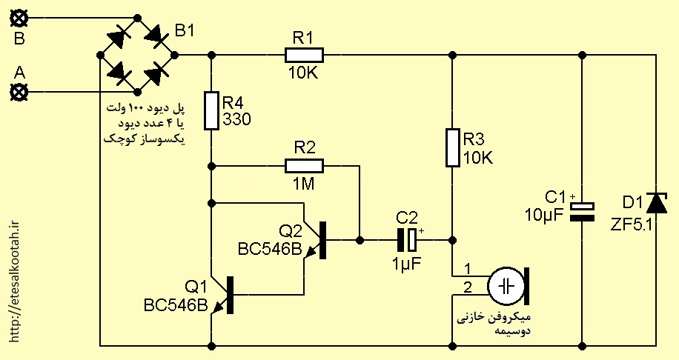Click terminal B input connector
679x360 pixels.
pos(19,19)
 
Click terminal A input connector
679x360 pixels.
pos(19,92)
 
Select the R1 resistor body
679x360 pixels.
pos(304,56)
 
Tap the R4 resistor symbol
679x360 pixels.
pos(211,111)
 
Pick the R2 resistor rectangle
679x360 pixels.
pos(304,166)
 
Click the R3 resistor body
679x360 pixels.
pos(452,147)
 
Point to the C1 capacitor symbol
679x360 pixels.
pos(582,212)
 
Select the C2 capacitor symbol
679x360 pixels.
pos(407,239)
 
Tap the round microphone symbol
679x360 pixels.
pos(506,286)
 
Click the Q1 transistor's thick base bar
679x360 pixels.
pos(231,295)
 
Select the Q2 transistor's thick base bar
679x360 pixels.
pos(322,240)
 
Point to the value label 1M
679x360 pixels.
pos(304,184)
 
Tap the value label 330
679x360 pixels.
pos(237,119)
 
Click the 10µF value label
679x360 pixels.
pos(544,215)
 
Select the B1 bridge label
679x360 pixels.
pos(185,30)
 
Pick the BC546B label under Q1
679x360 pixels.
pos(176,305)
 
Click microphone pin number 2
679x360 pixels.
pos(468,287)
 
